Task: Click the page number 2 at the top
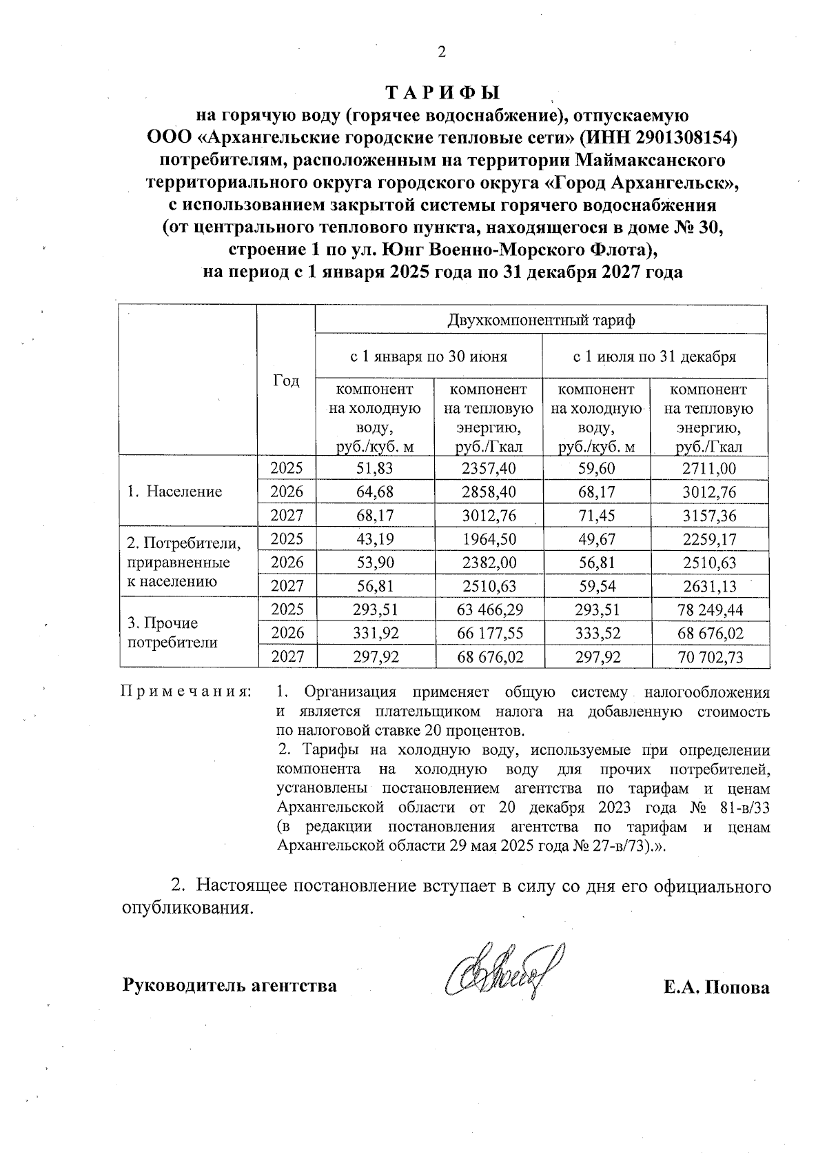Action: point(442,52)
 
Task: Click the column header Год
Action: point(287,381)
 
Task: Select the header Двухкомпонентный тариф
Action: point(541,320)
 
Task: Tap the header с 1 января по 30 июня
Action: point(429,357)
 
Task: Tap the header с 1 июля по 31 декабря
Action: point(655,357)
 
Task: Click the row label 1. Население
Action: point(175,492)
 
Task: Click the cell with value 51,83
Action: point(375,469)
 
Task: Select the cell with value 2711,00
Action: point(709,469)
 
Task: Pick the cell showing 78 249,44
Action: point(709,610)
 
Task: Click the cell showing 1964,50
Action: point(489,539)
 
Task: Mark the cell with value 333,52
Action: point(597,633)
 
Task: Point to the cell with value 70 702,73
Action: point(709,657)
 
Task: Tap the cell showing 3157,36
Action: point(709,516)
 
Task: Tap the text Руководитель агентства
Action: point(229,985)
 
